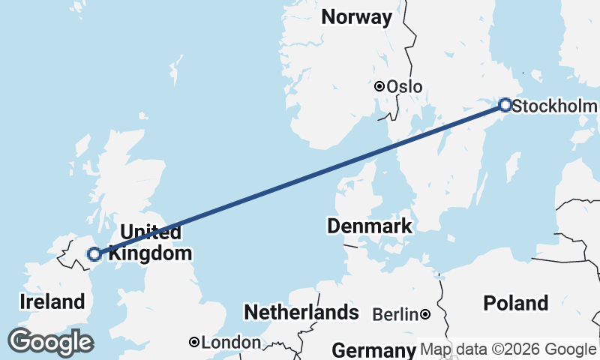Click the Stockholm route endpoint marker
(x=505, y=105)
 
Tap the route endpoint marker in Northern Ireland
(x=94, y=254)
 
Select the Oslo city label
(x=404, y=87)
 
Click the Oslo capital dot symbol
(x=380, y=86)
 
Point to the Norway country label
(x=356, y=17)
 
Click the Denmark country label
(x=369, y=226)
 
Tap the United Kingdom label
(x=150, y=242)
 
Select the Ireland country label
(x=52, y=302)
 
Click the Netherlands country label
(x=301, y=312)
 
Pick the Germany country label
(x=373, y=350)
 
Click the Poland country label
(x=516, y=304)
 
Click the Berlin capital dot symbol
(x=425, y=314)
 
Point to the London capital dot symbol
(x=194, y=342)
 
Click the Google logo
(x=50, y=342)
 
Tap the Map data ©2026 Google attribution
(x=508, y=349)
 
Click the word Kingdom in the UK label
(x=150, y=253)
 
